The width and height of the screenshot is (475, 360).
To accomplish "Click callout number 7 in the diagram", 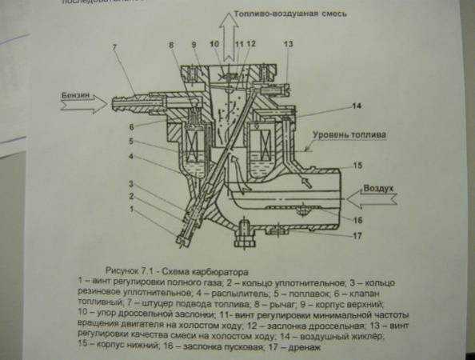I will click(114, 48).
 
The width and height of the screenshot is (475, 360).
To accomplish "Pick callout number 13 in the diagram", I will click(288, 42).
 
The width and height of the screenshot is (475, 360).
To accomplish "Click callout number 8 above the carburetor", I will click(171, 45).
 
